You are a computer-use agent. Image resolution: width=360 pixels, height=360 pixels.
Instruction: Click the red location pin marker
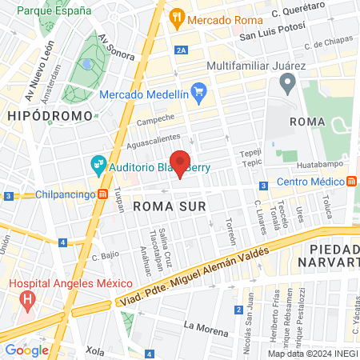[180, 162]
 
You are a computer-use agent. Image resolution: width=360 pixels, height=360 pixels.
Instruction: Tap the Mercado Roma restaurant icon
[177, 17]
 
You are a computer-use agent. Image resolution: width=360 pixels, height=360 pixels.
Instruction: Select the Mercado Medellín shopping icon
[200, 94]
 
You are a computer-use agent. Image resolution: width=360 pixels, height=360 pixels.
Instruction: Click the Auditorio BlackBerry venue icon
[98, 166]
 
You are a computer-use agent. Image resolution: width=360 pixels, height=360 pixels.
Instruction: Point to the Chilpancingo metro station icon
[102, 194]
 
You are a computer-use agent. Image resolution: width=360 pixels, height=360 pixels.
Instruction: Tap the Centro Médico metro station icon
[352, 181]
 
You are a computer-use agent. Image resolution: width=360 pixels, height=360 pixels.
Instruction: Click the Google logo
[26, 350]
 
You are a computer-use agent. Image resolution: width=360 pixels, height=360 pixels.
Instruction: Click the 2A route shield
[182, 50]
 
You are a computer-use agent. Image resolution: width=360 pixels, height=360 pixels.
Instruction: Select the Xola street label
[95, 350]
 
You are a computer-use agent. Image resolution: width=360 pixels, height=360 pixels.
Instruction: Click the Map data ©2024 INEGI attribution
[311, 354]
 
